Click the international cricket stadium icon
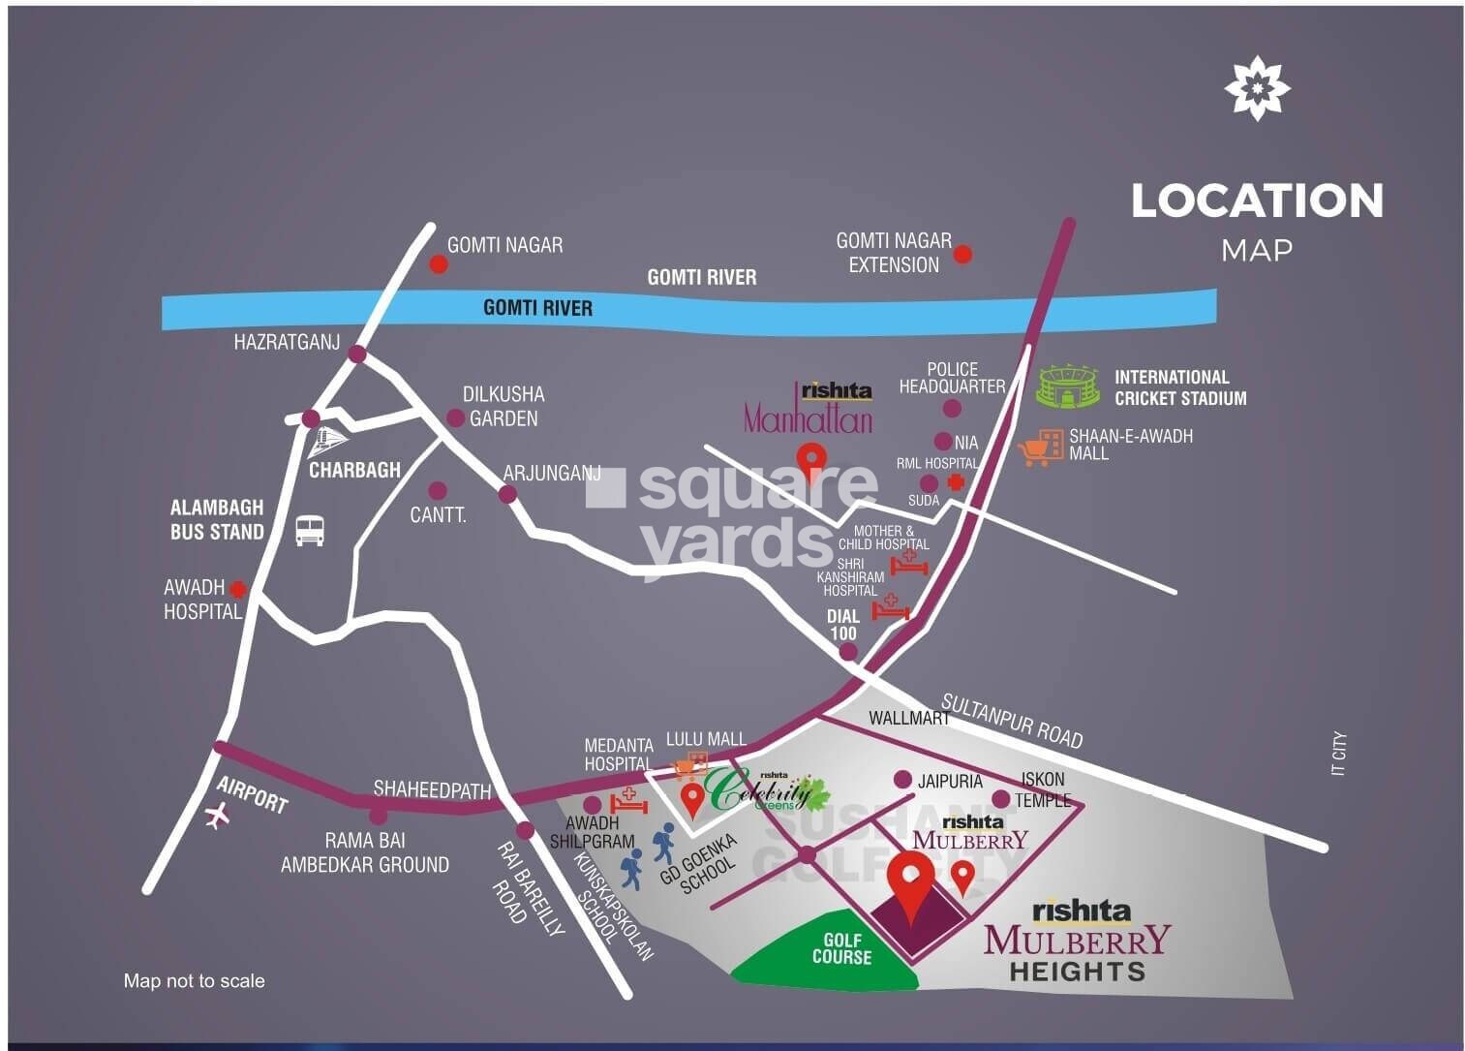click(x=1069, y=386)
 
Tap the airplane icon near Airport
click(x=219, y=817)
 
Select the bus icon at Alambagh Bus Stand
click(x=310, y=529)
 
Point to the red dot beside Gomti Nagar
click(x=439, y=263)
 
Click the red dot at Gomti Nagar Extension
click(x=962, y=255)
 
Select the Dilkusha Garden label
click(x=503, y=407)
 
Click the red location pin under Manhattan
click(x=809, y=457)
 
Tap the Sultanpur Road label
click(x=1012, y=720)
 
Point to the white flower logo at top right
click(x=1256, y=87)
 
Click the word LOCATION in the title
click(x=1257, y=201)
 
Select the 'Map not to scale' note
click(x=194, y=981)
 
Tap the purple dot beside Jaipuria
click(x=902, y=780)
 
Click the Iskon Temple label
click(x=1043, y=789)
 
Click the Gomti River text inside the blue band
click(x=537, y=308)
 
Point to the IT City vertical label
click(x=1338, y=755)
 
